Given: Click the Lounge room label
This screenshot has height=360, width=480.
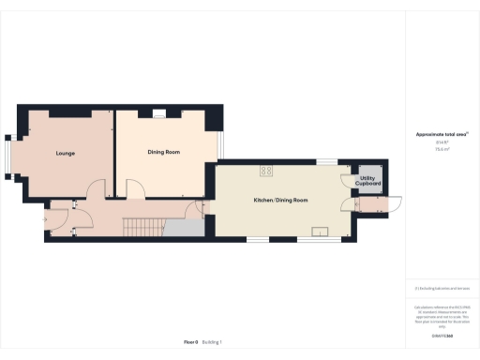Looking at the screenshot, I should (x=65, y=153).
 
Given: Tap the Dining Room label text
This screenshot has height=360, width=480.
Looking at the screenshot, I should (x=164, y=152).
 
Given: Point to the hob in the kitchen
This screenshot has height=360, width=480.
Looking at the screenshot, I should (x=266, y=171).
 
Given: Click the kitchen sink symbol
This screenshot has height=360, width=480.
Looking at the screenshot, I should (x=322, y=231).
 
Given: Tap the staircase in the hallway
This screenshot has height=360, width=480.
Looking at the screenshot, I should (x=144, y=226).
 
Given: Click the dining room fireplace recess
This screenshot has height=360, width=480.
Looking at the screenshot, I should (x=159, y=113).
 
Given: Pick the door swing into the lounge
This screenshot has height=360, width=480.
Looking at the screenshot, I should (x=95, y=188).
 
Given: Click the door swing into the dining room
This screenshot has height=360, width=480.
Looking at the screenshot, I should (x=136, y=188).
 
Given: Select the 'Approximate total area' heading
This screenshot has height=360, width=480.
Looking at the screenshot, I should (x=441, y=135).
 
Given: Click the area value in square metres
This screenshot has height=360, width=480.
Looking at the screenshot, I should (x=440, y=148).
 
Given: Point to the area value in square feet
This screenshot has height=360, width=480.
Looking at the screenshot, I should (x=440, y=142).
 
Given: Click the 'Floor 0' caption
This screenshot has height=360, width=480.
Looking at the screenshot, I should (x=190, y=342).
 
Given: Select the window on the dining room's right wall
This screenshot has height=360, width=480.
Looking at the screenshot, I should (x=221, y=145).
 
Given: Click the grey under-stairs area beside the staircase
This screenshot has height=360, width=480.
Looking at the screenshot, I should (x=184, y=228).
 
